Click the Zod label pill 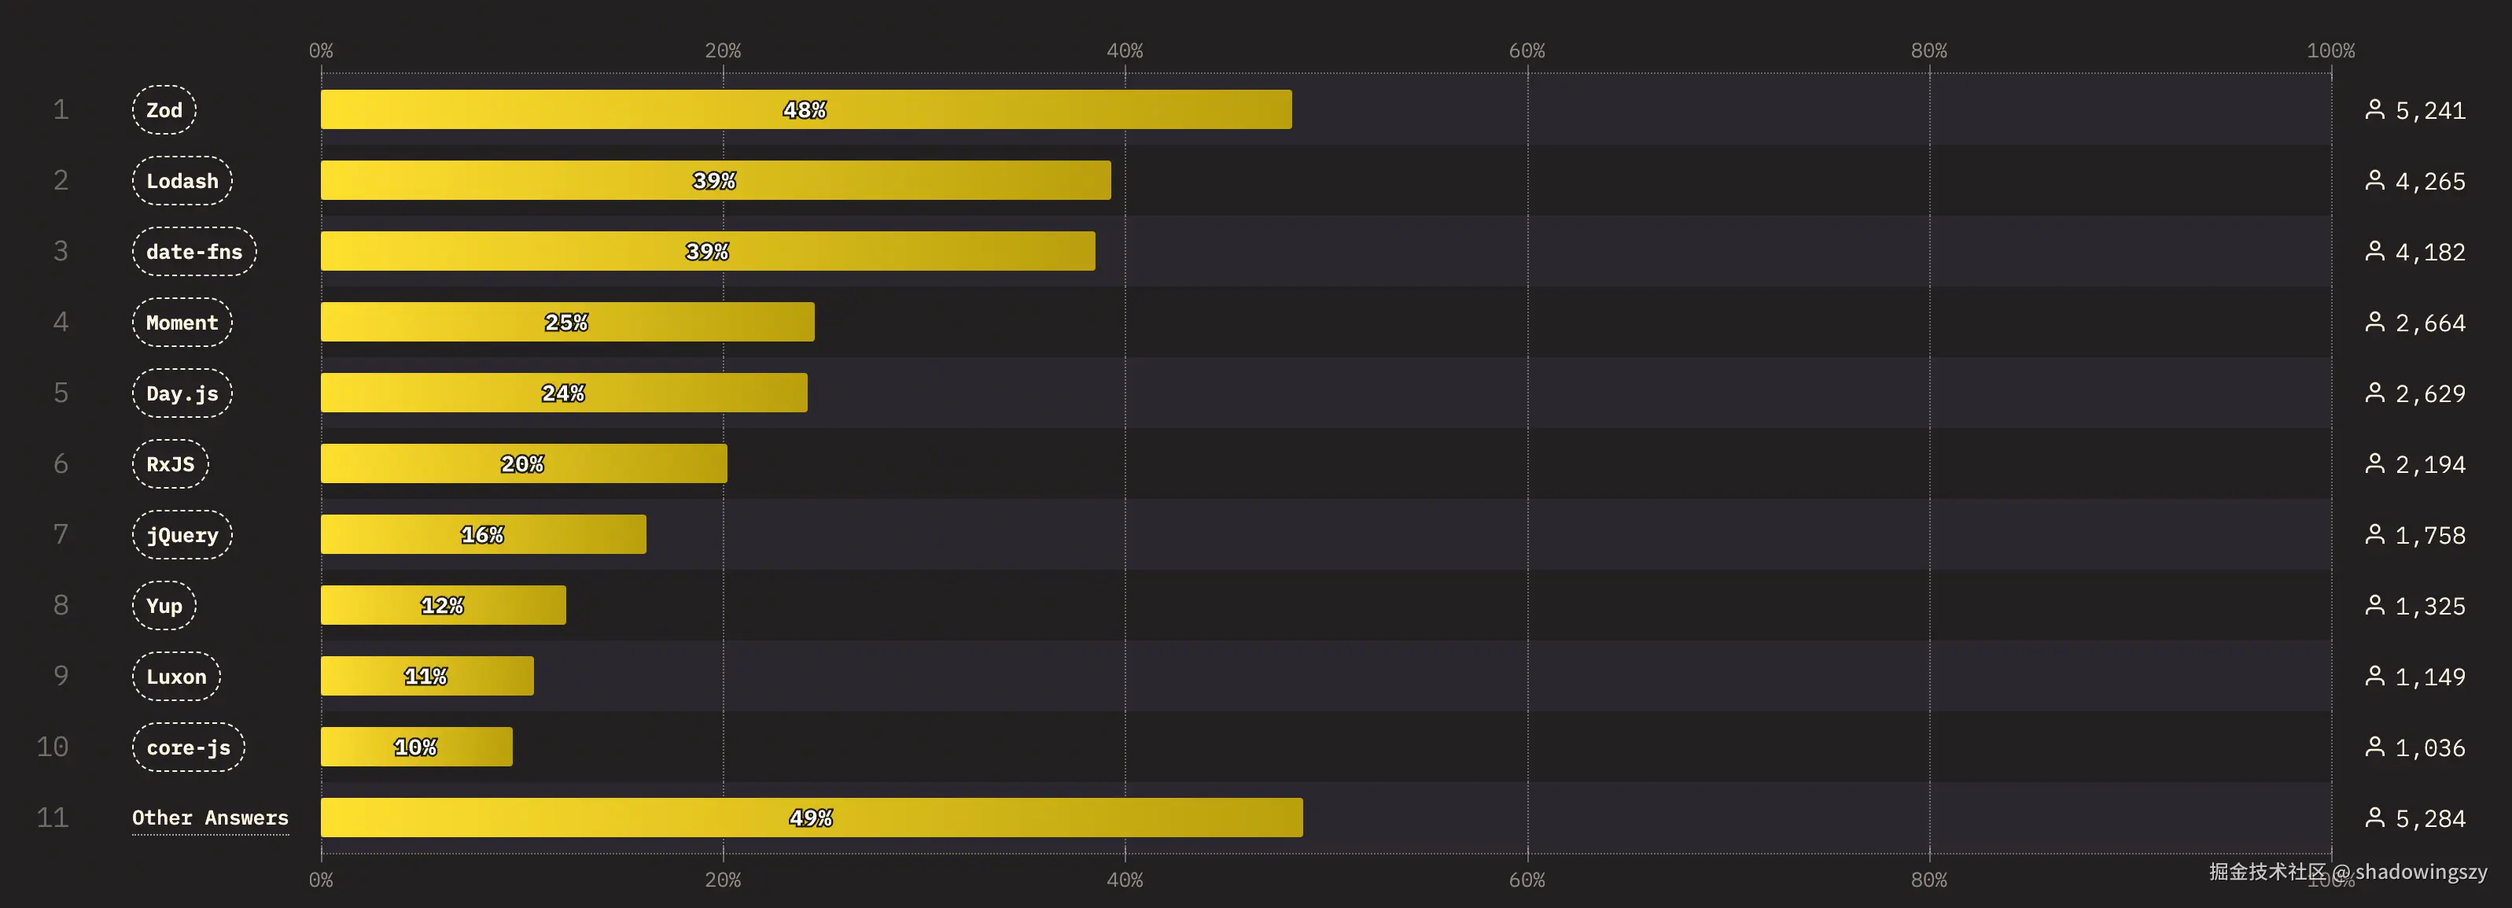164,110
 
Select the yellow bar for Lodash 715,180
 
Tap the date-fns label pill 194,252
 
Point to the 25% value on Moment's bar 566,322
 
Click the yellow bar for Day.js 564,393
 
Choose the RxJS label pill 171,464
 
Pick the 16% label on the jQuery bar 483,534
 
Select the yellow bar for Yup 443,606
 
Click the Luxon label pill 176,677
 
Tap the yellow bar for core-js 416,747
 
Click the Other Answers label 211,818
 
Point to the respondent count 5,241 2430,111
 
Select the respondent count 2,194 2430,465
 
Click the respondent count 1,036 2430,748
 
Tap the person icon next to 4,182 2374,252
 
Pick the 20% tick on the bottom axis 723,880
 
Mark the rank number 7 61,534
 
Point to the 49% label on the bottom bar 812,818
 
